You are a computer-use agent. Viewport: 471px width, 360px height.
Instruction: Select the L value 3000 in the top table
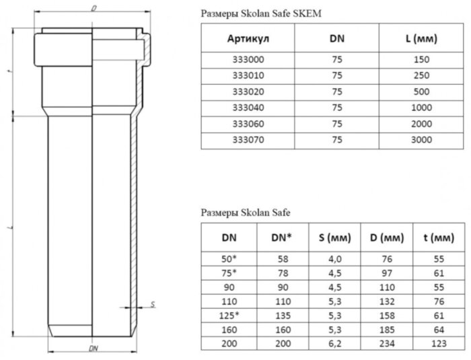coord(422,141)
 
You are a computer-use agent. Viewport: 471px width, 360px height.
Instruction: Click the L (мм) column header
coord(422,38)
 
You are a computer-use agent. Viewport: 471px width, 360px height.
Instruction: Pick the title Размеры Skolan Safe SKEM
coord(255,13)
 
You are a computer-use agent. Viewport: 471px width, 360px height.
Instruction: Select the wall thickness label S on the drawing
coord(153,305)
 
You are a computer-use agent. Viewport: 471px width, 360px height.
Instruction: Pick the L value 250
coord(422,75)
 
